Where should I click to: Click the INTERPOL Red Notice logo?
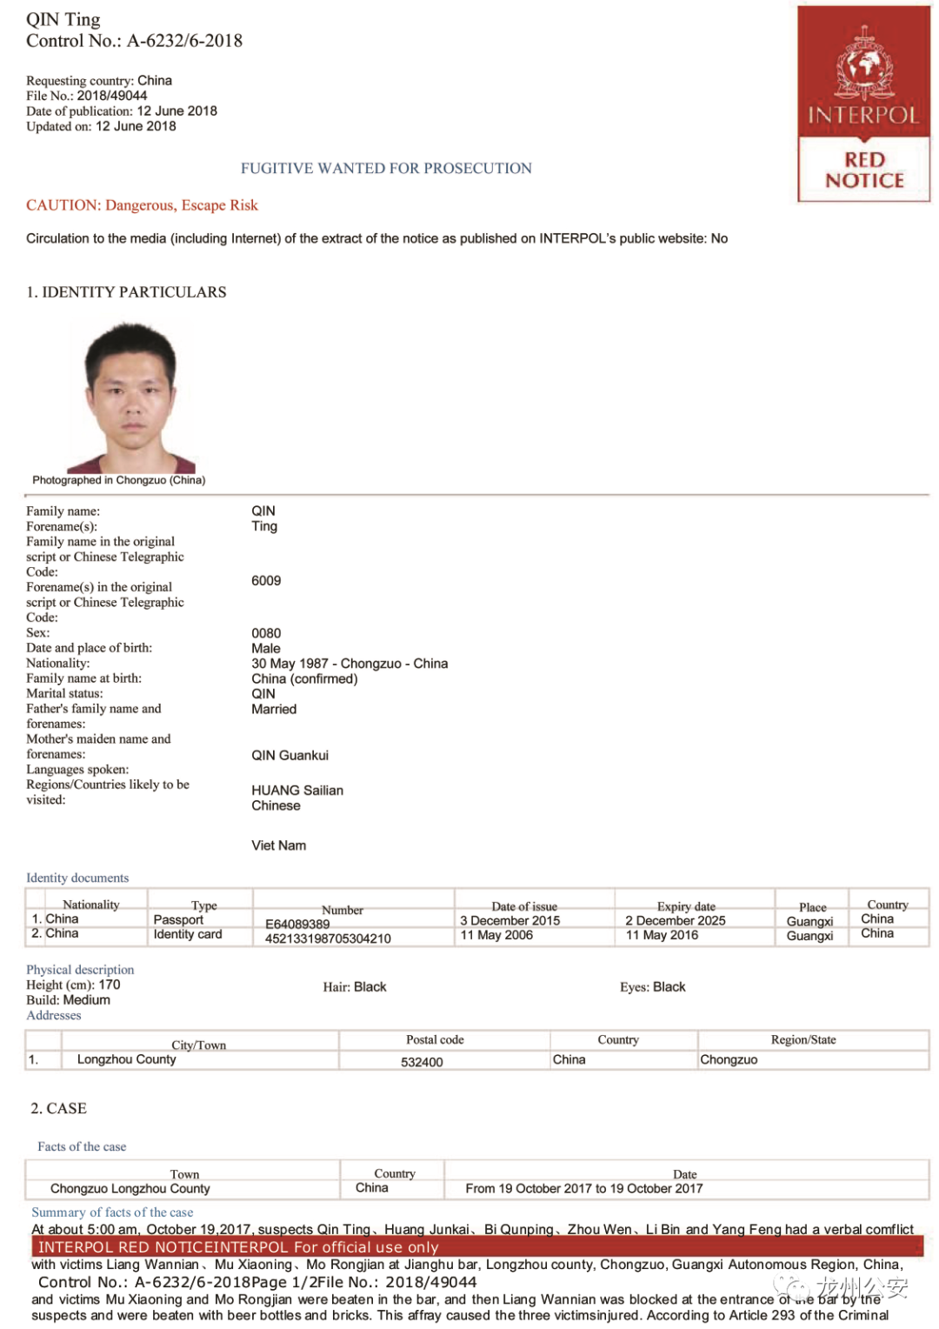[x=863, y=104]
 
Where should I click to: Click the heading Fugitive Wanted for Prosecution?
[x=386, y=169]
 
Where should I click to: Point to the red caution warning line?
[x=142, y=205]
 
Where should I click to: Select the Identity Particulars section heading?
[x=126, y=292]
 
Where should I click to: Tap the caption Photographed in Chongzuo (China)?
[x=119, y=480]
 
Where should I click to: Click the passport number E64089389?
[x=297, y=924]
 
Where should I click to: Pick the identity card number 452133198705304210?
[x=328, y=938]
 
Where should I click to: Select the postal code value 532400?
[x=422, y=1062]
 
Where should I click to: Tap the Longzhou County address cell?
[x=126, y=1059]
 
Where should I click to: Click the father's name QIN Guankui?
[x=290, y=756]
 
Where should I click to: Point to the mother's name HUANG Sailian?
[x=297, y=791]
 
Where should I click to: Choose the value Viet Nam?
[x=279, y=845]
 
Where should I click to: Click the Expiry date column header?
[x=686, y=906]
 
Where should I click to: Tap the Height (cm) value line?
[x=74, y=985]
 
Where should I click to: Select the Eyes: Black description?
[x=652, y=987]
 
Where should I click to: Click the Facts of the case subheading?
[x=82, y=1147]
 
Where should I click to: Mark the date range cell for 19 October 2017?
[x=584, y=1189]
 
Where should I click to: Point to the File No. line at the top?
[x=87, y=96]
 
